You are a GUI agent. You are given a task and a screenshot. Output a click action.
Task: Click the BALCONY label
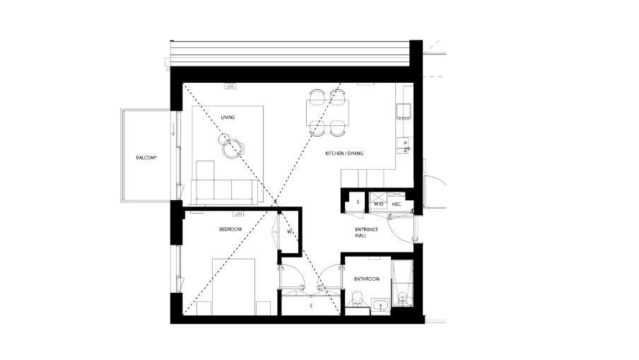coord(146,157)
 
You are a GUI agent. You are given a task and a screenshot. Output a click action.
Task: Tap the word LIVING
coord(228,117)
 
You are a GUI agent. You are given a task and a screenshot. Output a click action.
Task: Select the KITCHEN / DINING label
coord(344,153)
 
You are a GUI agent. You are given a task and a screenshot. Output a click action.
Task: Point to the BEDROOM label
coord(230,229)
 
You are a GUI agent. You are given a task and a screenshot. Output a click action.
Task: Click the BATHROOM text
coord(367,279)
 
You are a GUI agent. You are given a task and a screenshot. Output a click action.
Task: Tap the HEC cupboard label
coord(397,204)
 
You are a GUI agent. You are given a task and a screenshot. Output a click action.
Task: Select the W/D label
coord(378,204)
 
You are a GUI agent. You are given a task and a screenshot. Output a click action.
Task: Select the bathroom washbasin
coord(380,305)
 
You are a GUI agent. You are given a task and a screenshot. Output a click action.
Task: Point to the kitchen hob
coord(404,109)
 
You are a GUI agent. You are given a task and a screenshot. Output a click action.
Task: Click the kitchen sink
coord(404,145)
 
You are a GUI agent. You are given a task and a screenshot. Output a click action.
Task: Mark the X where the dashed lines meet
coord(274,202)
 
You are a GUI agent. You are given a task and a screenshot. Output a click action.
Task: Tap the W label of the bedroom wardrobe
coord(289,231)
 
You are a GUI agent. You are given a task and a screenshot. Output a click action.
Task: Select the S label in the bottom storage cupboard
coord(311,306)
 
